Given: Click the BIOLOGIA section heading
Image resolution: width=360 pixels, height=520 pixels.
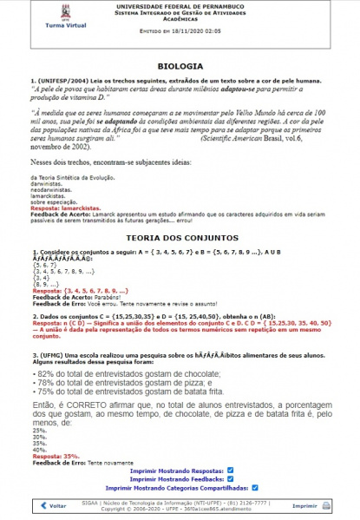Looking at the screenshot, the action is tap(180, 66).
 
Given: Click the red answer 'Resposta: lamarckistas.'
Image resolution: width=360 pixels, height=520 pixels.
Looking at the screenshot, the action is tap(63, 209).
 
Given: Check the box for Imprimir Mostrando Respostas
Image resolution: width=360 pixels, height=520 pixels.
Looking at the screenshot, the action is tap(230, 469).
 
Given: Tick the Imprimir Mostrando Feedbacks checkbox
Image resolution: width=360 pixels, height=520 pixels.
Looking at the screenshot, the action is tap(230, 477).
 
